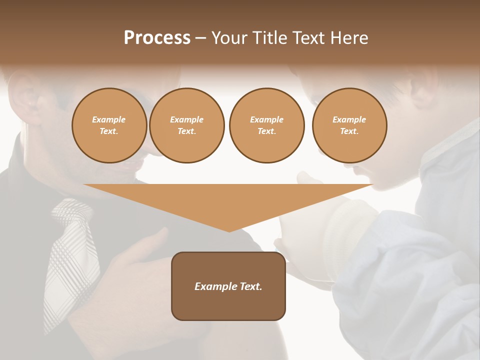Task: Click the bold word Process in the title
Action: pos(157,38)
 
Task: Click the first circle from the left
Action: pos(109,125)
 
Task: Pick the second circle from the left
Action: pos(187,125)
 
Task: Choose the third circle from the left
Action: pos(267,125)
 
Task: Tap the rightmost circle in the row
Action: pos(349,125)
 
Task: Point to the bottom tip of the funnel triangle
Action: pos(229,231)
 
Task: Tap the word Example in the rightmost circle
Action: pos(349,119)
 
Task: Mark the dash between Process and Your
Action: pos(200,38)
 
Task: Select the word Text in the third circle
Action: pos(266,131)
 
